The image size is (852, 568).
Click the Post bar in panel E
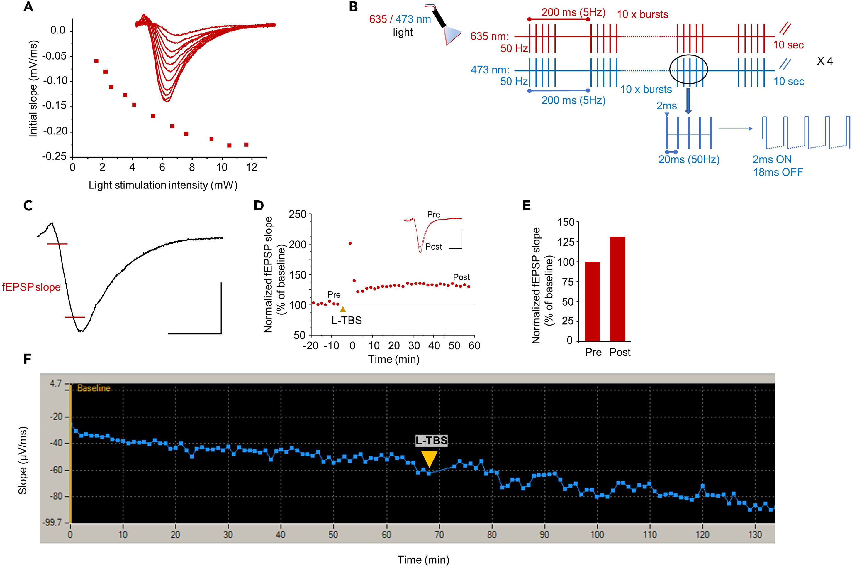(x=617, y=289)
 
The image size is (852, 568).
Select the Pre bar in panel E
(x=592, y=301)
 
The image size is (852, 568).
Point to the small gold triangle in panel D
(x=343, y=309)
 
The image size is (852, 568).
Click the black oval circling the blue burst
(x=688, y=70)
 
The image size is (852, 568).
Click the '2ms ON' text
(x=772, y=159)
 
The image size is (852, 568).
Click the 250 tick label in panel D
(x=297, y=215)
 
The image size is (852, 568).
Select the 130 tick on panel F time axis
(x=755, y=535)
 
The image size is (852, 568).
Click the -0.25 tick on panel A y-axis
(x=54, y=156)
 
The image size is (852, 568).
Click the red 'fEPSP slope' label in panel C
(x=31, y=287)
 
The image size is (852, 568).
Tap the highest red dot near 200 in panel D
(x=350, y=243)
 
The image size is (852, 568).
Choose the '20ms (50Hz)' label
(x=689, y=159)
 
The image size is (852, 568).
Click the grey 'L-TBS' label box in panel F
(x=431, y=441)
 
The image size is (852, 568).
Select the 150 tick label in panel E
(x=566, y=222)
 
